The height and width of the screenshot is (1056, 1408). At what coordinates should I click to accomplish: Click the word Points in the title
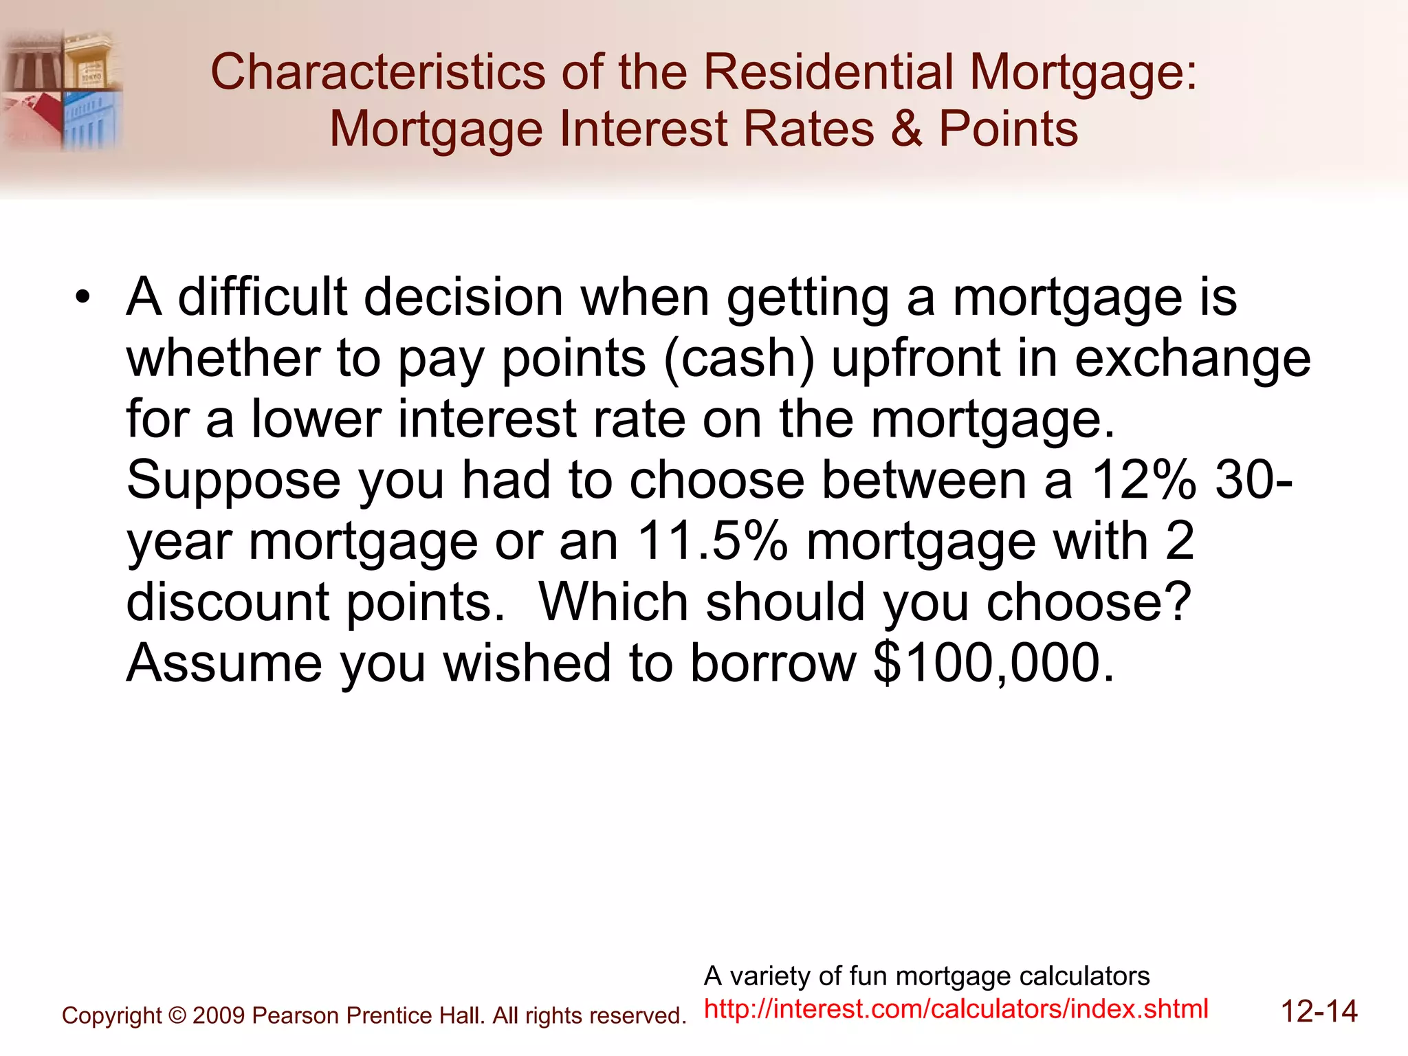[1009, 129]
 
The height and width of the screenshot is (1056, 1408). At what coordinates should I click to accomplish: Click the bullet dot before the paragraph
[83, 298]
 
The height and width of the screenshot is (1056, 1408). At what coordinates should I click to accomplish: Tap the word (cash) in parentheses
[739, 359]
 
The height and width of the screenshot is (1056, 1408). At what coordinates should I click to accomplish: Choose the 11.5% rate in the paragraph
[712, 541]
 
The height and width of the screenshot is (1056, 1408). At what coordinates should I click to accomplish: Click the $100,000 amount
[993, 663]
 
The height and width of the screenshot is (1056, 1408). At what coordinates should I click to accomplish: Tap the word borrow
[773, 663]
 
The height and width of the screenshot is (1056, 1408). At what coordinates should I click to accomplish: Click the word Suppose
[234, 481]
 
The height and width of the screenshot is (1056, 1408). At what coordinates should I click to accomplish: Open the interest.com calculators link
[956, 1009]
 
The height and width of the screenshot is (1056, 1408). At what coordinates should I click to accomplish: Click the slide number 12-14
[1319, 1012]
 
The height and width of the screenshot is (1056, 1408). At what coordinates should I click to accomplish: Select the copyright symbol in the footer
[177, 1015]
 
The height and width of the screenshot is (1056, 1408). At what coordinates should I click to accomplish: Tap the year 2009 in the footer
[219, 1015]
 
